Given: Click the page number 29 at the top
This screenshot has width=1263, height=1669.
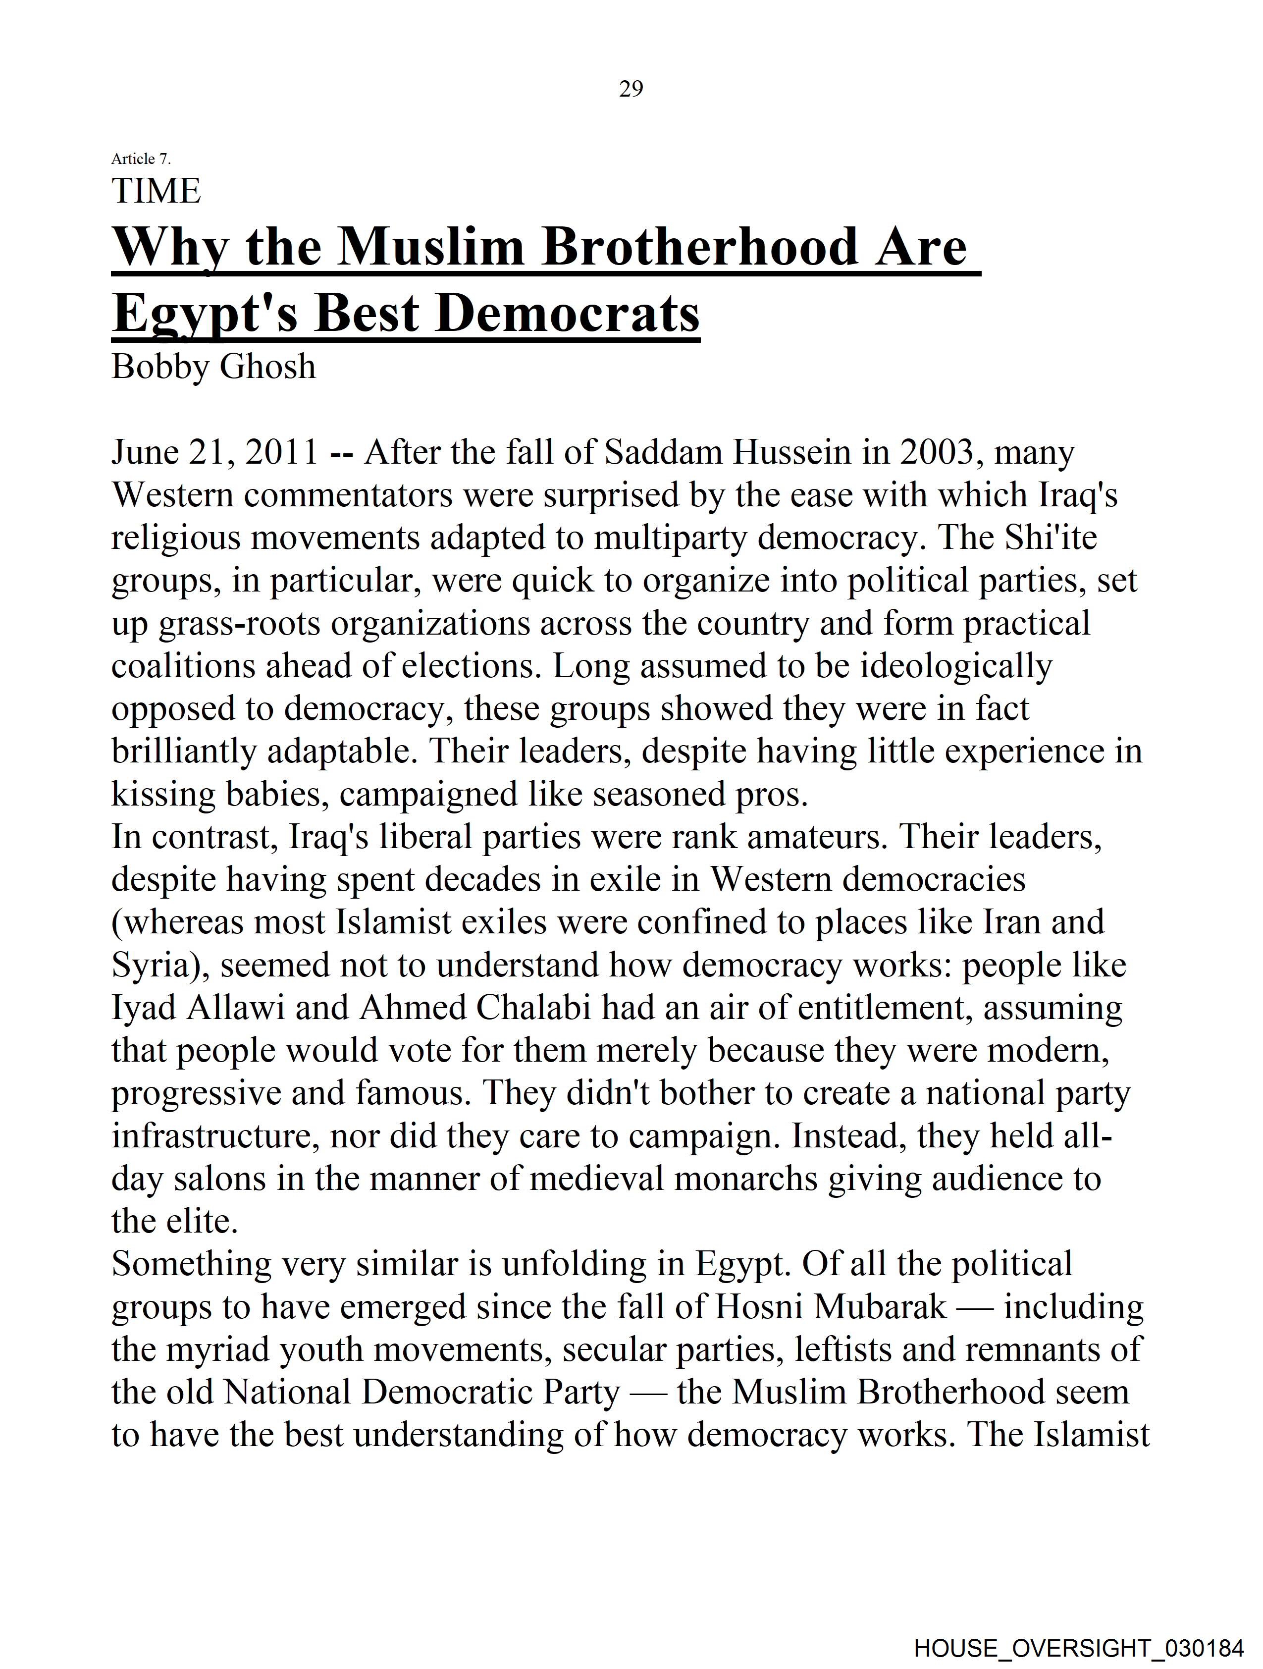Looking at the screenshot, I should click(x=631, y=89).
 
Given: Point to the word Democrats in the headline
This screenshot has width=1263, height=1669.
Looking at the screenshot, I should click(x=568, y=313).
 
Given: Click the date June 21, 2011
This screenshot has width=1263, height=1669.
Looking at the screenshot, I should click(x=215, y=453).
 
